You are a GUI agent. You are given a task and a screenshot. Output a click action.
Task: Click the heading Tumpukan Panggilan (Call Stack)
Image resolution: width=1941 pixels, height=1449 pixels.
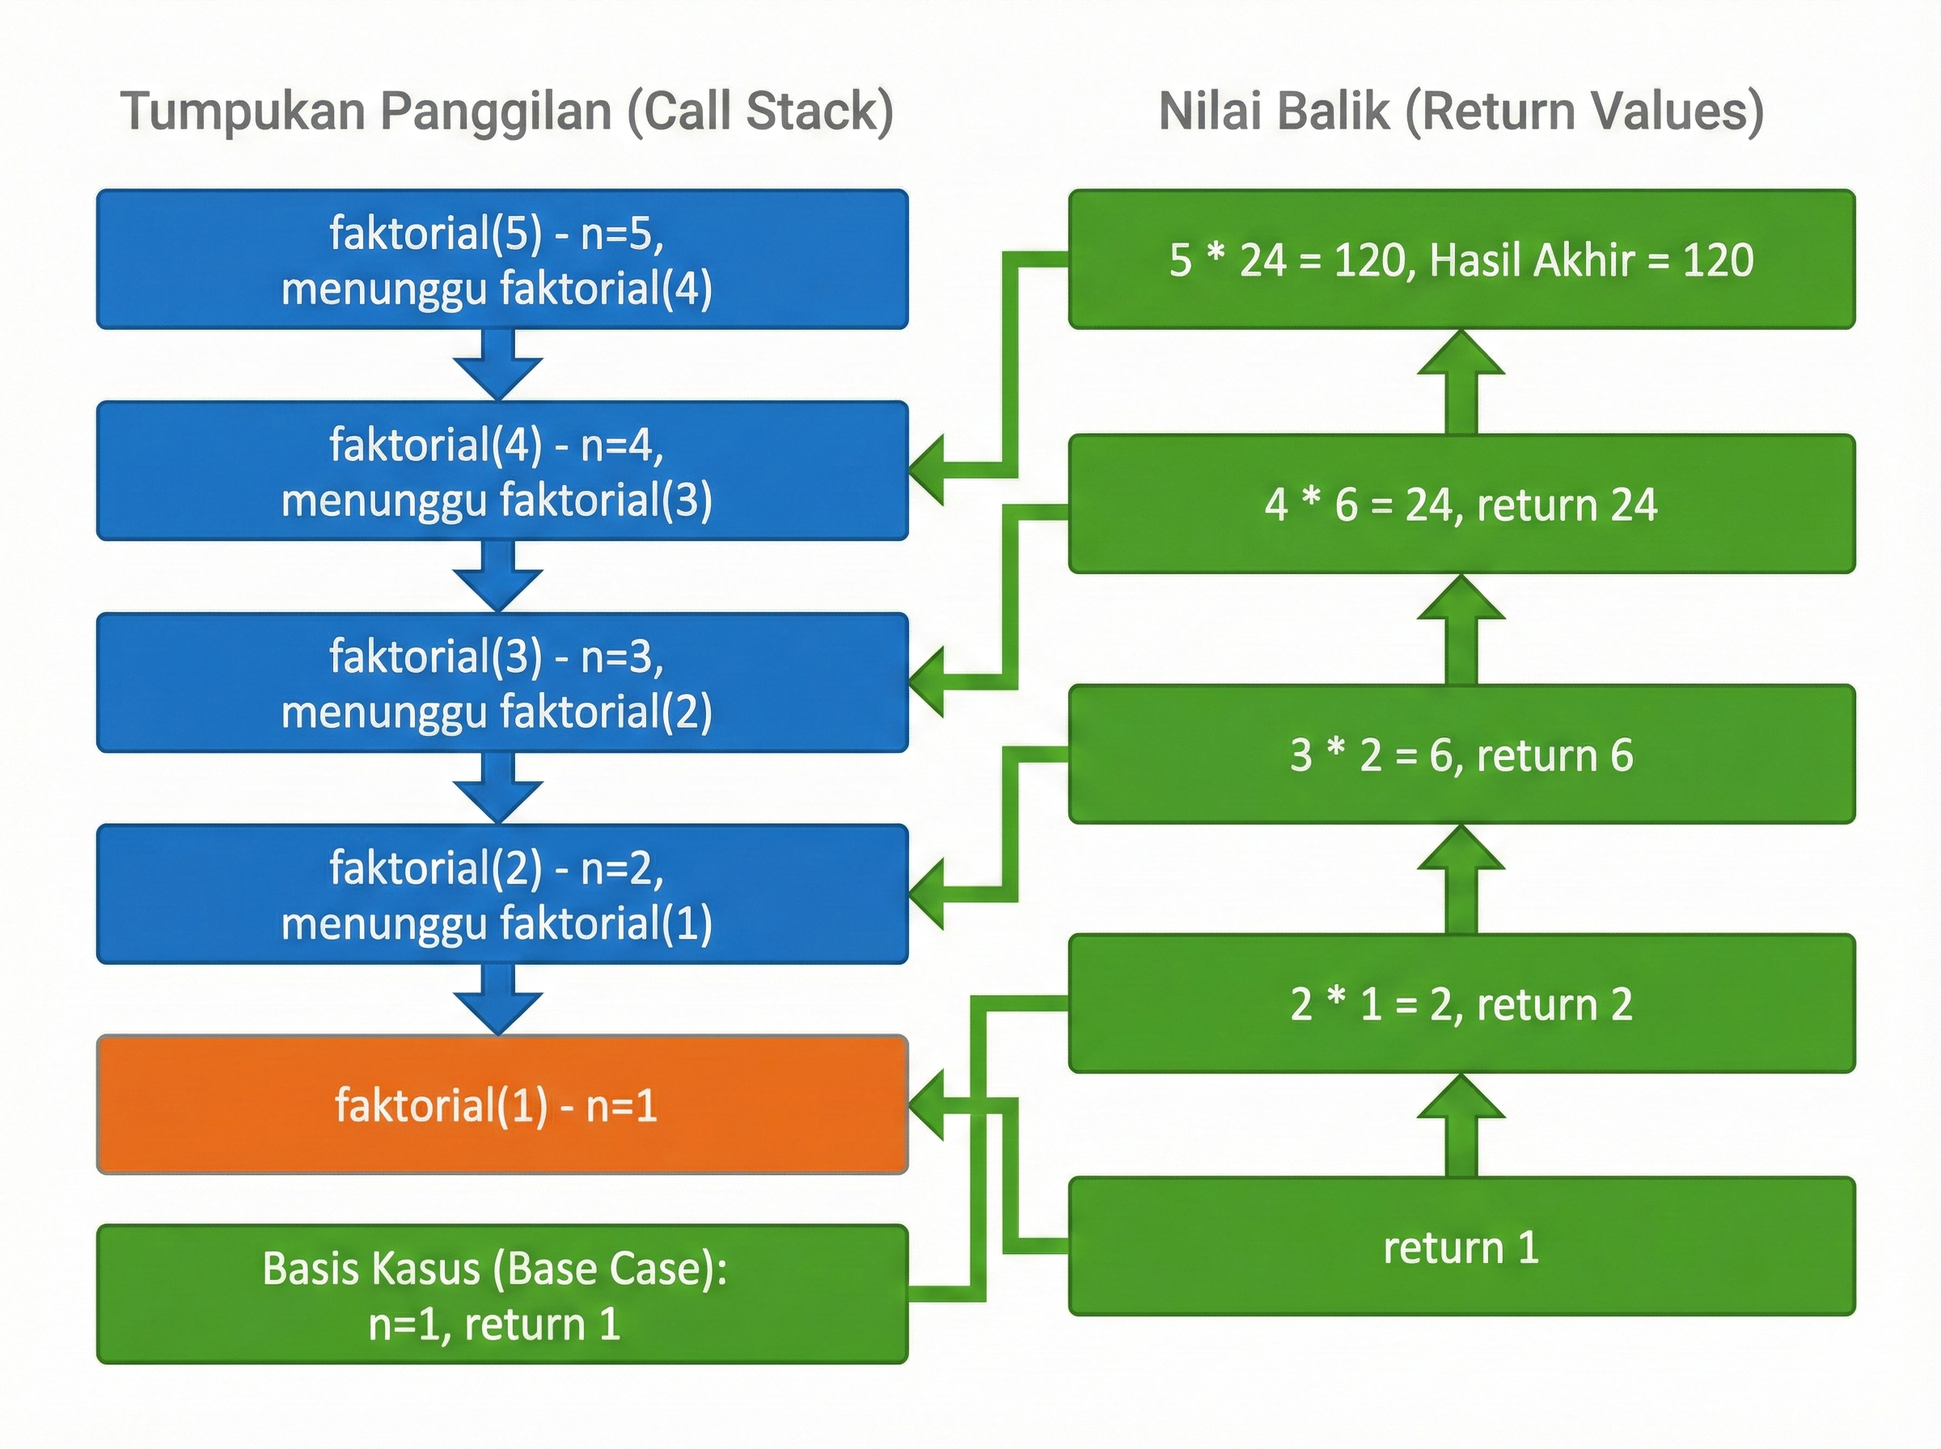click(507, 112)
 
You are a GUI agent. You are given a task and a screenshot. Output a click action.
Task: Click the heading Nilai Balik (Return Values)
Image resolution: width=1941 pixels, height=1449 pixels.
click(1461, 112)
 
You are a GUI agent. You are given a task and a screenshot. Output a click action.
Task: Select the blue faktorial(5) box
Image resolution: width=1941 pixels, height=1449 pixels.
click(501, 260)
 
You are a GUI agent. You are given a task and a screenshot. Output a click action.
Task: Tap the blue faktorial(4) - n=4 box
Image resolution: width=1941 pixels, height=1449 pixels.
click(501, 471)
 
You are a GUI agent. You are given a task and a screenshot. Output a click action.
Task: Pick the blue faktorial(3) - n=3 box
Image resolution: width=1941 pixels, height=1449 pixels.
click(501, 682)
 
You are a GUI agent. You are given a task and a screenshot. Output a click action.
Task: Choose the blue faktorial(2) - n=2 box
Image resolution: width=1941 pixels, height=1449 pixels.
click(501, 893)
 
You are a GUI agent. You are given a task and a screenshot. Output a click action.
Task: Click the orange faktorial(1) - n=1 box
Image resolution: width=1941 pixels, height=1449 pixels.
click(501, 1105)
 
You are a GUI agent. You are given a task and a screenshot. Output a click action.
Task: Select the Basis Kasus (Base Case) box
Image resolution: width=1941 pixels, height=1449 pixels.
click(501, 1294)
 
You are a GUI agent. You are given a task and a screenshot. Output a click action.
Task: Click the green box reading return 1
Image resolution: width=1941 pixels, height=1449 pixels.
click(1461, 1246)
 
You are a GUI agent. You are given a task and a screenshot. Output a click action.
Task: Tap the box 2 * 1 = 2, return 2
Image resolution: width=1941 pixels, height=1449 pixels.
click(1461, 1003)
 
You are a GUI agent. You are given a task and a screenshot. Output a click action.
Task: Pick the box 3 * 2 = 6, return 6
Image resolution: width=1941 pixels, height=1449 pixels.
click(1461, 754)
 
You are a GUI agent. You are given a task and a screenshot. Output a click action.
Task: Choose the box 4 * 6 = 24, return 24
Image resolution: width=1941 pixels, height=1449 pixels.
click(1461, 505)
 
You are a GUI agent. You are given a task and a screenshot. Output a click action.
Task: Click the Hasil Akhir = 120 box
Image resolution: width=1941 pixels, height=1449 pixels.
click(1461, 260)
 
